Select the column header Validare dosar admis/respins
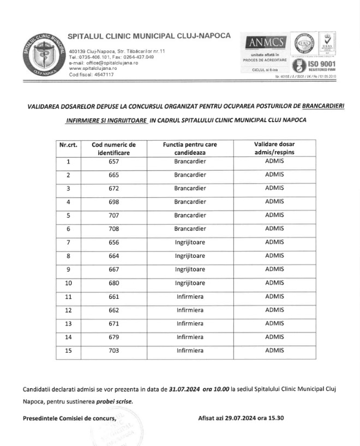point(274,149)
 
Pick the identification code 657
point(113,162)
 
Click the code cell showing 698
point(113,201)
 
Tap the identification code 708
point(113,228)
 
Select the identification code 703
point(113,351)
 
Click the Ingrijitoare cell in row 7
point(190,242)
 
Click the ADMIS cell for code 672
point(274,188)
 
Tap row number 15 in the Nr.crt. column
point(68,351)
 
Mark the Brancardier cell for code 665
point(190,175)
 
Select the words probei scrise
point(115,402)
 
